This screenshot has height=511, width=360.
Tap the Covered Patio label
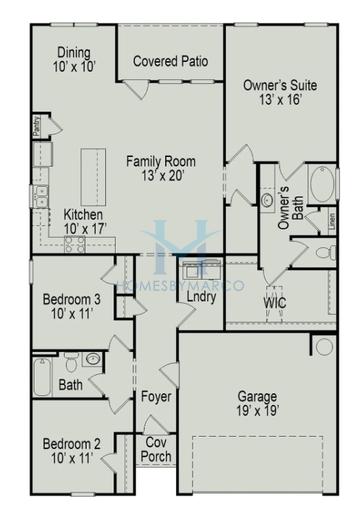pyautogui.click(x=171, y=61)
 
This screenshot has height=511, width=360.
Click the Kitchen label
pyautogui.click(x=83, y=214)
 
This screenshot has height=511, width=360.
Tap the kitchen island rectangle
pyautogui.click(x=93, y=172)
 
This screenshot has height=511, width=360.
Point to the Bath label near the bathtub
pyautogui.click(x=71, y=384)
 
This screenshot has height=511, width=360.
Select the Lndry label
pyautogui.click(x=201, y=297)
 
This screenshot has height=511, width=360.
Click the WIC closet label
pyautogui.click(x=277, y=302)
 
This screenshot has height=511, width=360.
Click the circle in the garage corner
pyautogui.click(x=324, y=346)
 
